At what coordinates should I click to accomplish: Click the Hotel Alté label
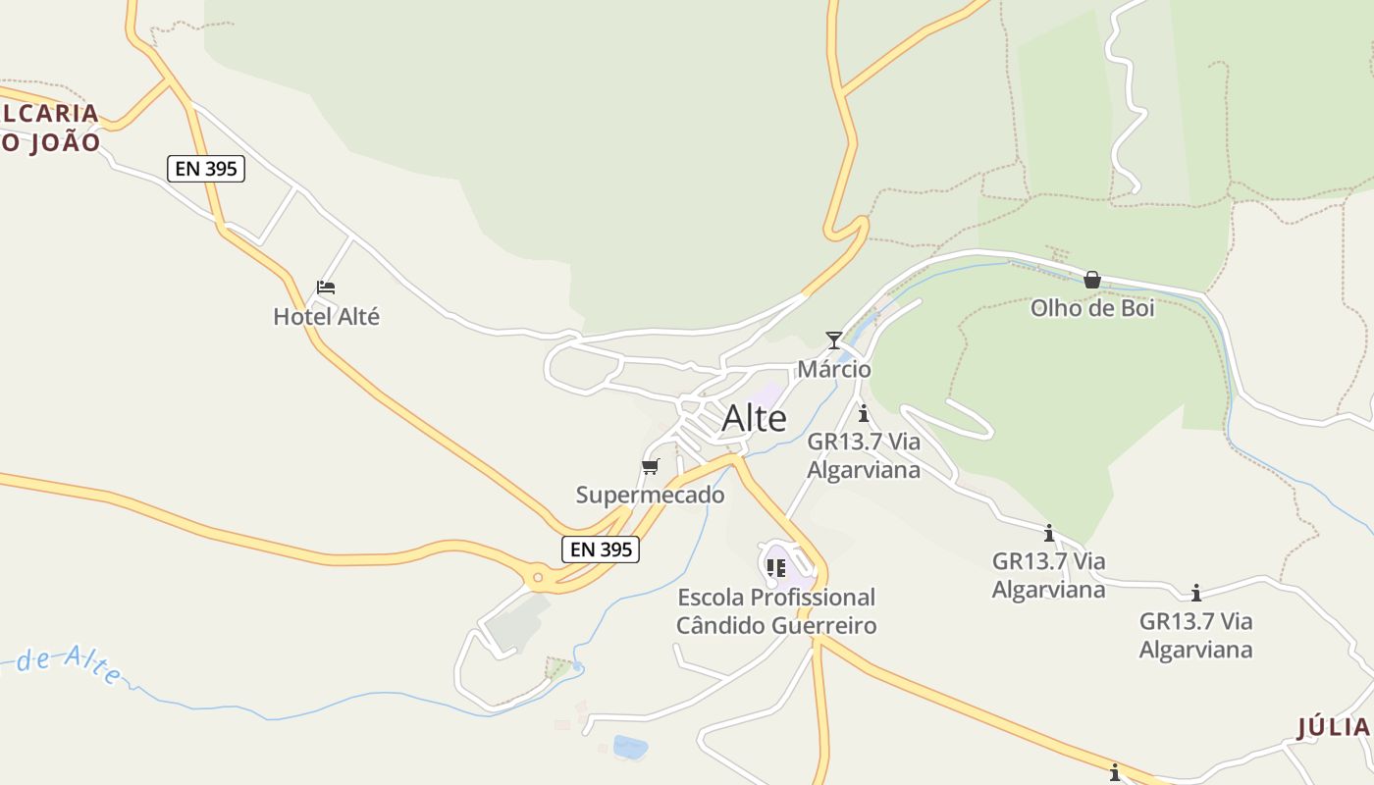tap(326, 317)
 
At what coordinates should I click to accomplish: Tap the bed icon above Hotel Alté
tap(326, 288)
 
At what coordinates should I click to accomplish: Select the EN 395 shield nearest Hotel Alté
tap(205, 169)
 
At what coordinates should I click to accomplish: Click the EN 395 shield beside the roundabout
tap(601, 549)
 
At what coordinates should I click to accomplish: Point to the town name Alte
tap(754, 419)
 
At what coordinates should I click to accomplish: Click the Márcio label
tap(834, 370)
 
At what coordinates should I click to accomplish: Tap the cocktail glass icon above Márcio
tap(833, 340)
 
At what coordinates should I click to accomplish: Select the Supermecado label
tap(650, 496)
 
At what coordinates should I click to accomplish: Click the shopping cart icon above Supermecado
tap(650, 466)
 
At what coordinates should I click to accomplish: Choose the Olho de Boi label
tap(1091, 308)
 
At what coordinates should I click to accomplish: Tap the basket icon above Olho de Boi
tap(1091, 281)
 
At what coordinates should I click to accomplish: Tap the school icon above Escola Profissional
tap(776, 567)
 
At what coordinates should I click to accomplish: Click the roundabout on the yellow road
tap(536, 577)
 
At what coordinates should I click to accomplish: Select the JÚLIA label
tap(1333, 728)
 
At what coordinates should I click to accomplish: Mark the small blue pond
tap(630, 748)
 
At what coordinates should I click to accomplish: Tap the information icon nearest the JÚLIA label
tap(1114, 773)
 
